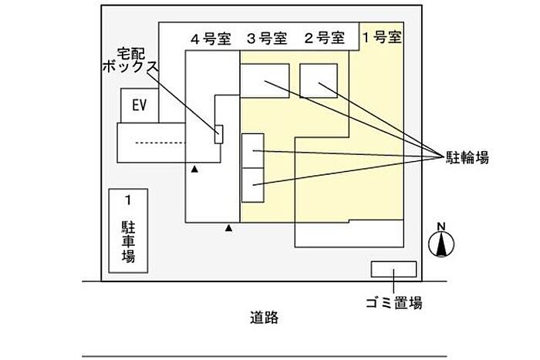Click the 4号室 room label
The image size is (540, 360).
pyautogui.click(x=211, y=39)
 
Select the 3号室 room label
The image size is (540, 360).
pyautogui.click(x=267, y=39)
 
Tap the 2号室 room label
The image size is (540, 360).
pyautogui.click(x=325, y=38)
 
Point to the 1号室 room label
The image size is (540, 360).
pyautogui.click(x=382, y=37)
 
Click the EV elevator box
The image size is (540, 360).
pyautogui.click(x=140, y=106)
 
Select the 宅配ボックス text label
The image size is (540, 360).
pyautogui.click(x=130, y=60)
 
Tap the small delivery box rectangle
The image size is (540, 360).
pyautogui.click(x=218, y=134)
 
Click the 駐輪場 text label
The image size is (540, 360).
pyautogui.click(x=467, y=157)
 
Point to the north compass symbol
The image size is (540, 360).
pyautogui.click(x=441, y=244)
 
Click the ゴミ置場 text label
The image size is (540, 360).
pyautogui.click(x=394, y=303)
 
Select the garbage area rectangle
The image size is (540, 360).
pyautogui.click(x=393, y=269)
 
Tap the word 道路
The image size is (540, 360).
pyautogui.click(x=264, y=318)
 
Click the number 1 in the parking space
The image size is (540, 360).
pyautogui.click(x=128, y=200)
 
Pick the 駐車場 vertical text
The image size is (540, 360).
pyautogui.click(x=128, y=242)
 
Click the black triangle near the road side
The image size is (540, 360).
pyautogui.click(x=228, y=227)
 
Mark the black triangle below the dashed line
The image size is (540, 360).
pyautogui.click(x=194, y=169)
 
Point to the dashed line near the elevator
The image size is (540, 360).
pyautogui.click(x=160, y=143)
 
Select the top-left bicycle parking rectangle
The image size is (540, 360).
pyautogui.click(x=265, y=81)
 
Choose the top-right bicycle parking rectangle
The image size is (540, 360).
pyautogui.click(x=319, y=81)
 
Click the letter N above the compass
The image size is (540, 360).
pyautogui.click(x=441, y=227)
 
